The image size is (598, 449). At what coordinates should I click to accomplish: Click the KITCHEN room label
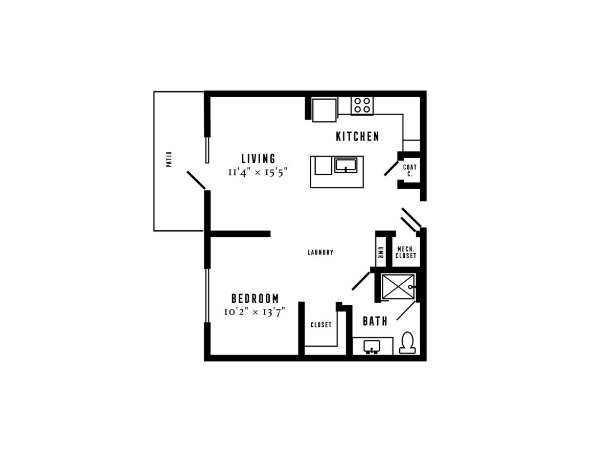[357, 136]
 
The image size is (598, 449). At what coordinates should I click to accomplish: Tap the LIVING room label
[258, 159]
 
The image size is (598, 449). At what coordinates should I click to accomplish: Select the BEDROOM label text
[255, 298]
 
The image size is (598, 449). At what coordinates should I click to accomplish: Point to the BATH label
[375, 321]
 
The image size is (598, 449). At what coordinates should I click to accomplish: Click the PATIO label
[169, 159]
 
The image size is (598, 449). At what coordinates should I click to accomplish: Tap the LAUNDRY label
[320, 252]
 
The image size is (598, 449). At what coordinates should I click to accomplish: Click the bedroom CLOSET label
[321, 325]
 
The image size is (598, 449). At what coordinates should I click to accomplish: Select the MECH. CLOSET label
[406, 252]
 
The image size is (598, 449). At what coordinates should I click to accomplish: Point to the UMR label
[380, 252]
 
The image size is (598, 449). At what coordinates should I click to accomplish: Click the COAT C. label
[410, 170]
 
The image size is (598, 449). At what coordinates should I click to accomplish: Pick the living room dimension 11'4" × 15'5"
[257, 172]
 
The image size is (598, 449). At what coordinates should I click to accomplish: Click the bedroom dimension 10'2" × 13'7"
[255, 311]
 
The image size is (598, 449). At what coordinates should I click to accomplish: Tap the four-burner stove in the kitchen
[362, 105]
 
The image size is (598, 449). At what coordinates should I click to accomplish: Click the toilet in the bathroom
[407, 342]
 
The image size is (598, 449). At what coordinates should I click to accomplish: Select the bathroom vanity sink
[372, 347]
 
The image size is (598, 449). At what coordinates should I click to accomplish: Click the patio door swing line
[196, 180]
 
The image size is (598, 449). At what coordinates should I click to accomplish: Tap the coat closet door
[392, 168]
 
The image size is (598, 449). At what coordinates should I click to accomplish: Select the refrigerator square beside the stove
[325, 110]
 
